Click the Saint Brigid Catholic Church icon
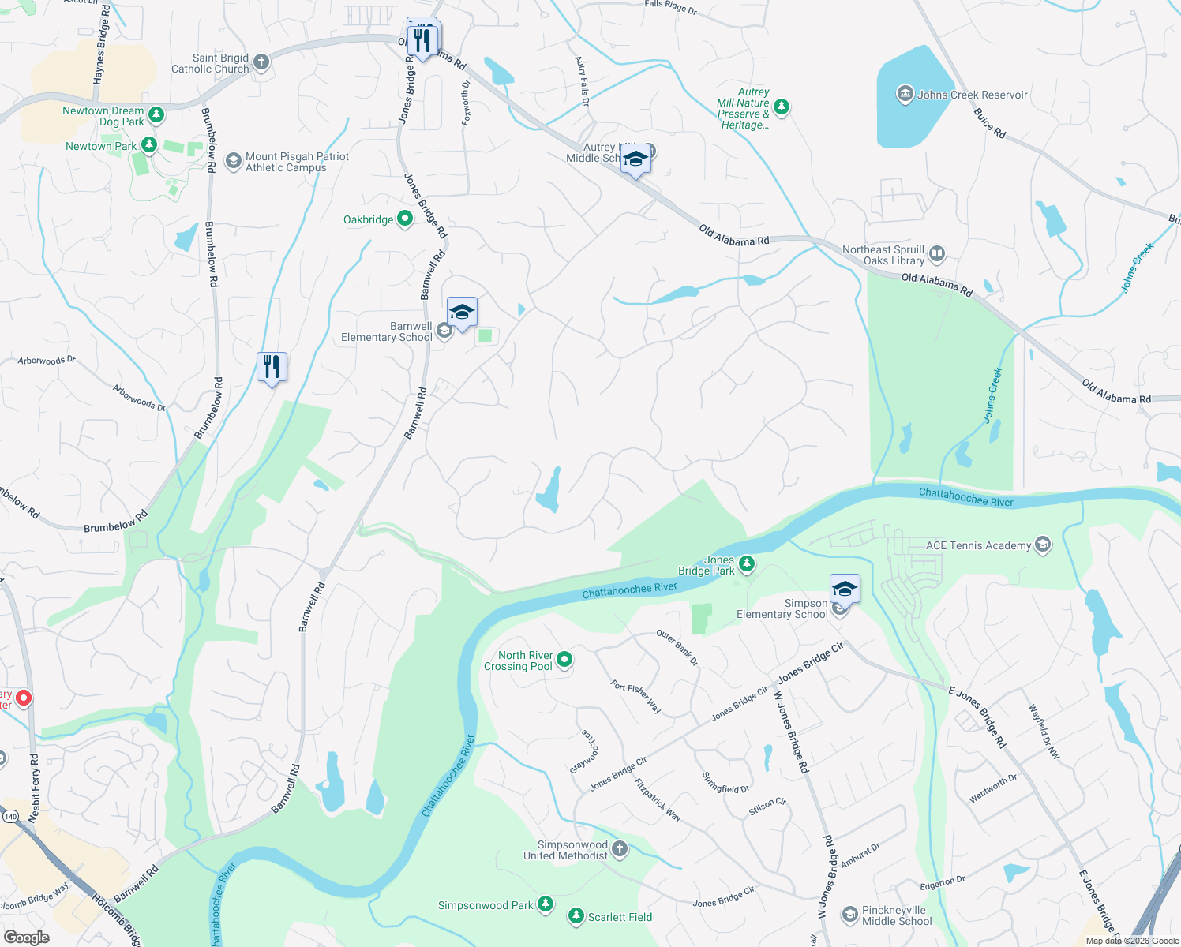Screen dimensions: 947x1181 [x=261, y=62]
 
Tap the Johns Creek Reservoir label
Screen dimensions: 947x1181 [x=972, y=95]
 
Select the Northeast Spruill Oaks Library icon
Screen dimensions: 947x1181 [x=937, y=254]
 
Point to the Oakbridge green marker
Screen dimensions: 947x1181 [x=404, y=219]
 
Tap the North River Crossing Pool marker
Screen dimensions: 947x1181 [x=564, y=660]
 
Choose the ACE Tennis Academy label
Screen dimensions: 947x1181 [x=978, y=545]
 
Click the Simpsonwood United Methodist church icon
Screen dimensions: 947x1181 [x=620, y=849]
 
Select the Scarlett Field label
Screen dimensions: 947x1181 [x=620, y=917]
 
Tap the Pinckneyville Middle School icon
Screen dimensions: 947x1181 [x=849, y=915]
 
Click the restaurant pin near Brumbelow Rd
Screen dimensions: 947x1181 [x=272, y=367]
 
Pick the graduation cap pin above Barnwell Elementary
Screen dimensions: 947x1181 [x=462, y=313]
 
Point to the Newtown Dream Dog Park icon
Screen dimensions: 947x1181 [x=156, y=115]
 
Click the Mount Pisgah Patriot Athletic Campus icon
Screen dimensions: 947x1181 [x=233, y=161]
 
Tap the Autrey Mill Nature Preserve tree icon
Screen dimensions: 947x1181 [x=782, y=107]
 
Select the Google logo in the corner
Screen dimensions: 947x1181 [x=26, y=938]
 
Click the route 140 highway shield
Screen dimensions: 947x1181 [x=9, y=815]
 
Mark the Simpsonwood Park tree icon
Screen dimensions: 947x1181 [x=546, y=904]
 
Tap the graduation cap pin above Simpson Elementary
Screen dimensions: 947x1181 [x=845, y=590]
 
